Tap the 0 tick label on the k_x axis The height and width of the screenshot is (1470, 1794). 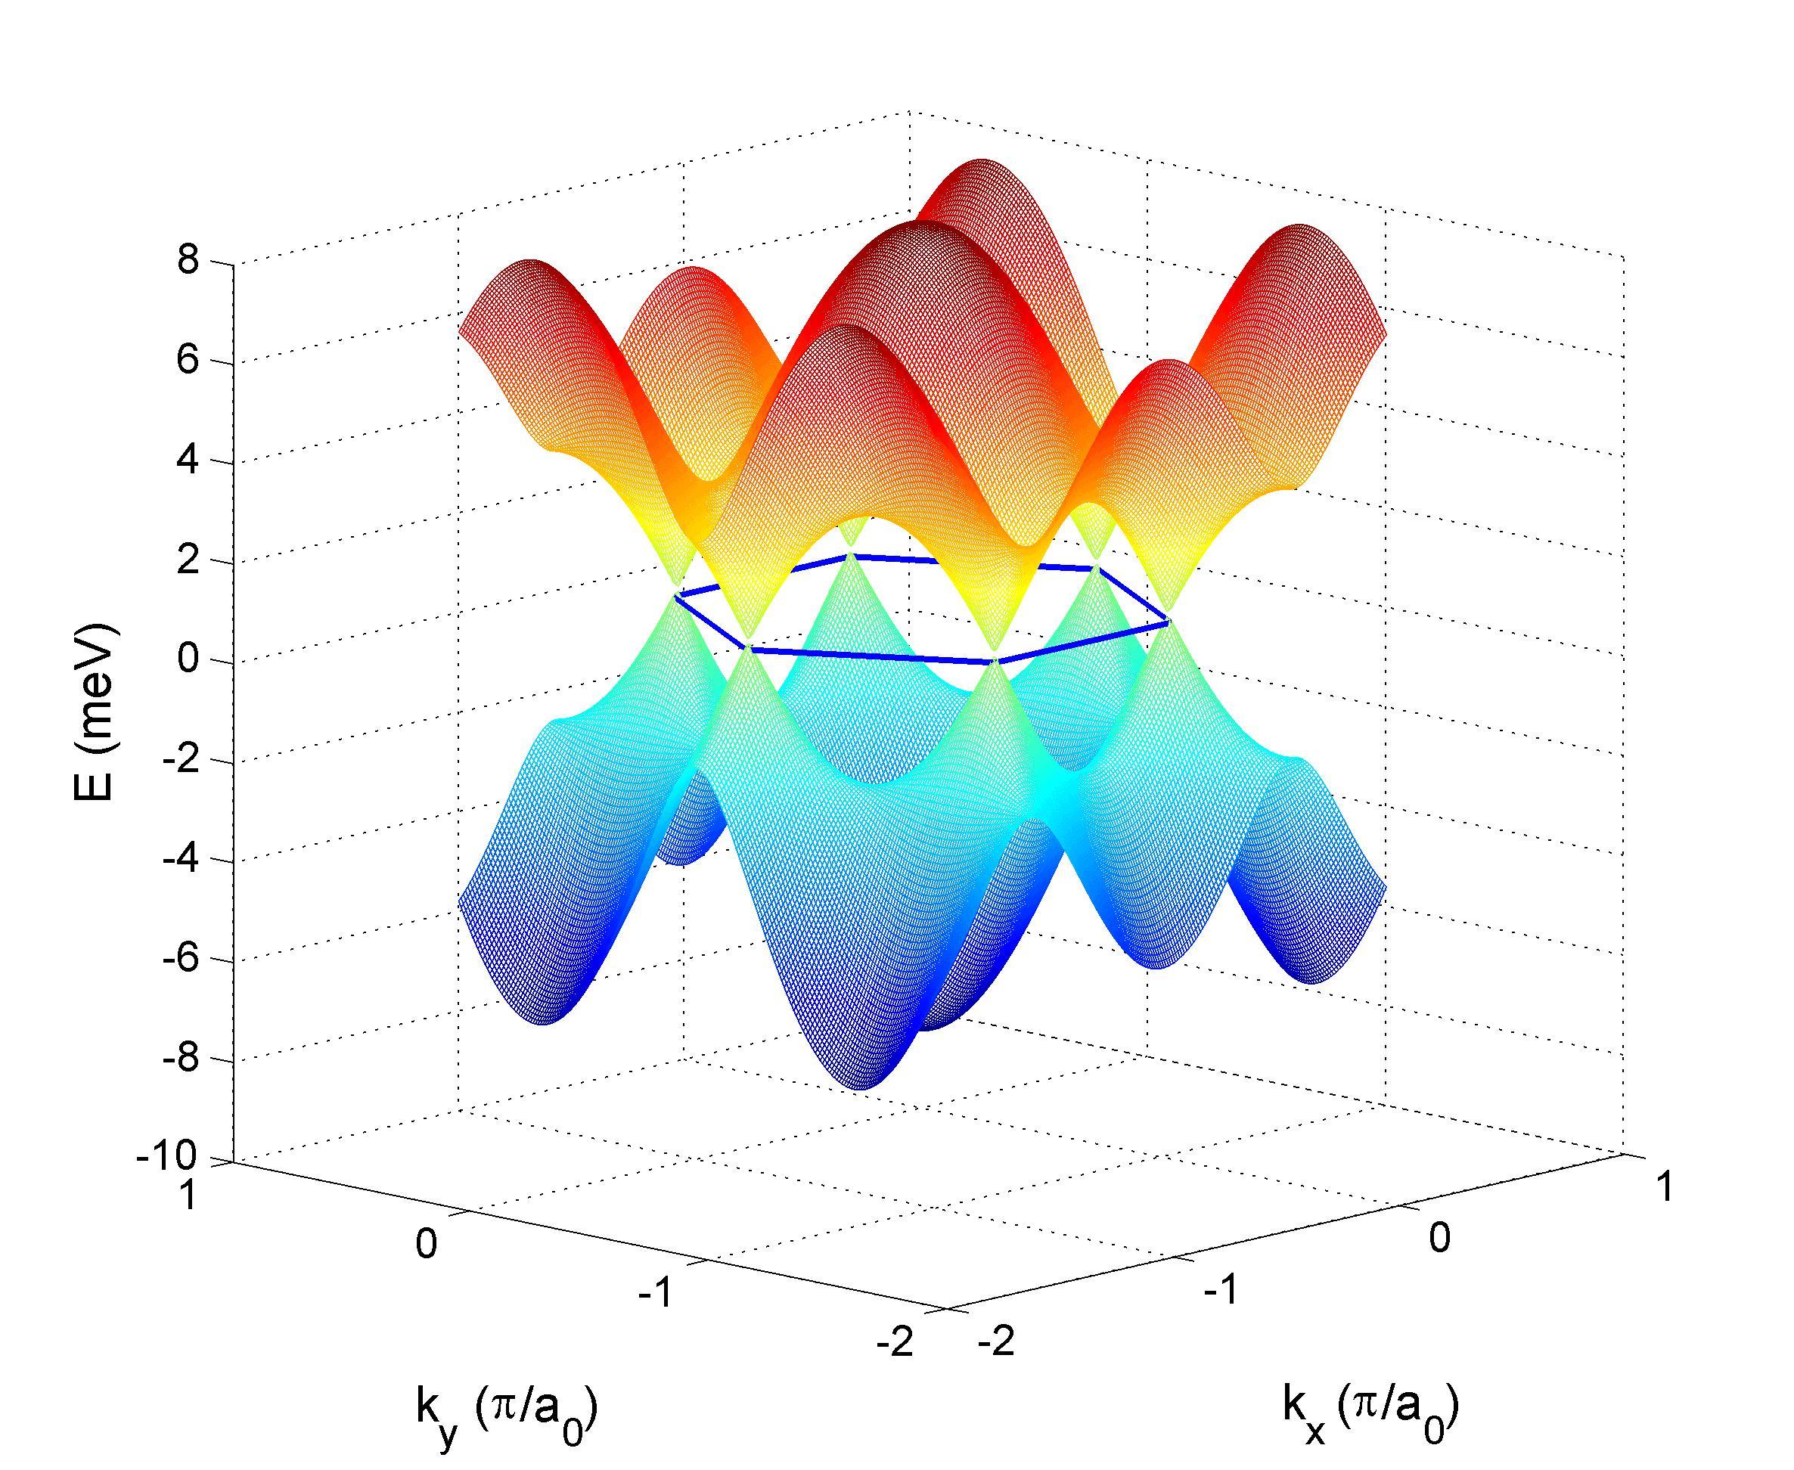point(1440,1238)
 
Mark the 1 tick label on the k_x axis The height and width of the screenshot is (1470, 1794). point(1665,1187)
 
